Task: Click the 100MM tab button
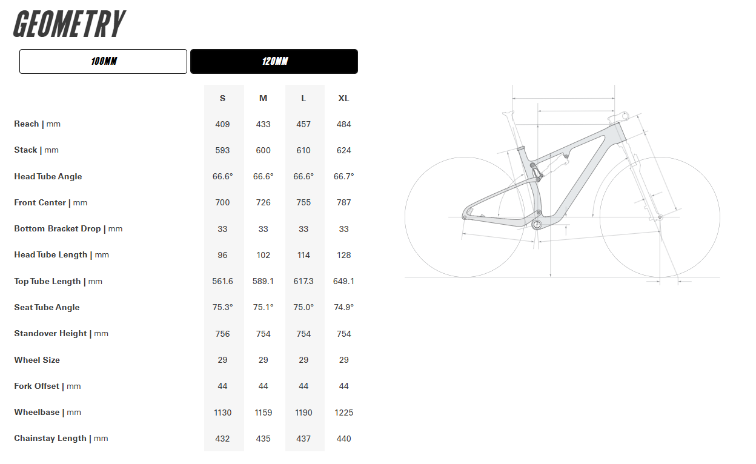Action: coord(103,62)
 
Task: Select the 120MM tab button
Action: coord(274,62)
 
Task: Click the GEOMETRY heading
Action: coord(69,25)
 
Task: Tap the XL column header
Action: coord(343,98)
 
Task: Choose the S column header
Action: coord(222,98)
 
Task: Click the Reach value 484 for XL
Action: coord(343,124)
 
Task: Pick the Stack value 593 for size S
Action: coord(222,150)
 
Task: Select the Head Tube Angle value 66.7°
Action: coord(343,176)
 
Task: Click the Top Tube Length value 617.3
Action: coord(303,282)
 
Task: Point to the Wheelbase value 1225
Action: coord(343,413)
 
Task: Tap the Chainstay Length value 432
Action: coord(222,439)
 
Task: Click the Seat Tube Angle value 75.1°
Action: coord(263,308)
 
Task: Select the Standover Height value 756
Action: coord(222,334)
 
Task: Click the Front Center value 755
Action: coord(303,203)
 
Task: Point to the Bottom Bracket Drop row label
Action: coord(68,229)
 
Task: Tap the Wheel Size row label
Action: coord(37,360)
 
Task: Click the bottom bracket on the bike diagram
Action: coord(537,225)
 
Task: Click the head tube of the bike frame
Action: coord(618,133)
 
